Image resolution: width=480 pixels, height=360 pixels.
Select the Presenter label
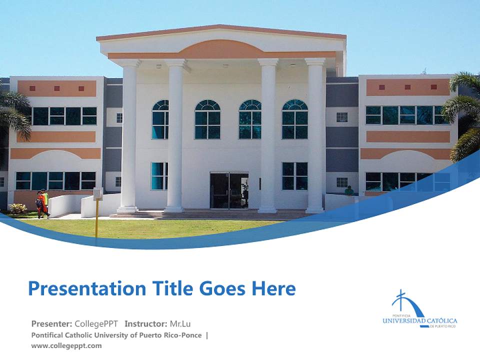(52, 323)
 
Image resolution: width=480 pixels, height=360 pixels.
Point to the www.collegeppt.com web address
(66, 345)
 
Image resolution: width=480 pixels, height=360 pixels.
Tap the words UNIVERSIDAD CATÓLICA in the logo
(419, 320)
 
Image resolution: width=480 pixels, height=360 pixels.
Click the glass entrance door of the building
(229, 191)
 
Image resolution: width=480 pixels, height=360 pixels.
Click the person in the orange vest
(44, 202)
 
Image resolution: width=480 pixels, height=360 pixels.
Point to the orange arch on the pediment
(221, 49)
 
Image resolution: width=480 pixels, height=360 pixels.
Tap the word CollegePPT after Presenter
(96, 323)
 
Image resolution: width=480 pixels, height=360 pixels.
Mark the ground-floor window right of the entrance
(294, 176)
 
